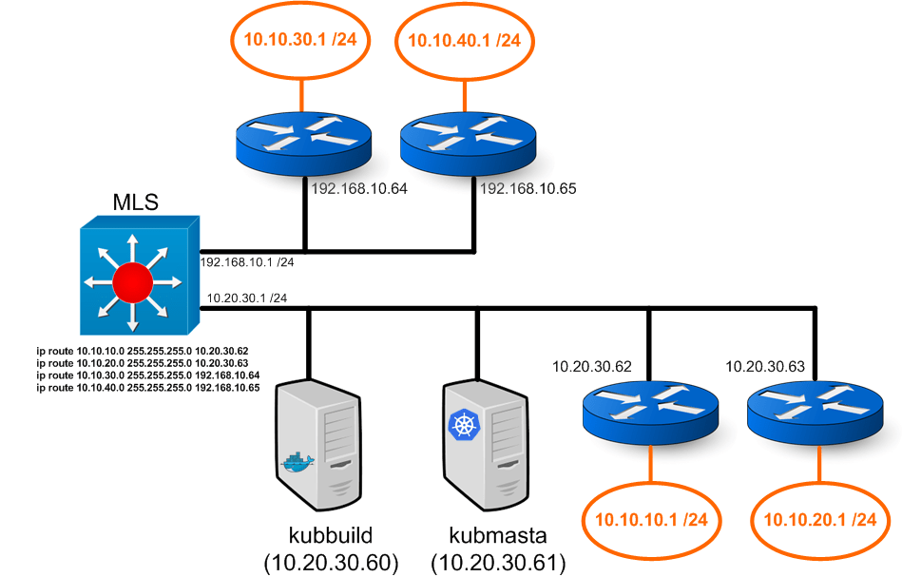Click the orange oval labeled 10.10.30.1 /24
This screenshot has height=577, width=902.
pyautogui.click(x=300, y=40)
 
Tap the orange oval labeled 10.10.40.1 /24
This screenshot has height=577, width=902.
pyautogui.click(x=465, y=40)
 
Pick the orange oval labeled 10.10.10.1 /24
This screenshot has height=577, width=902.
pyautogui.click(x=651, y=520)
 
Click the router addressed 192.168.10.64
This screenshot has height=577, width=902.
pyautogui.click(x=301, y=139)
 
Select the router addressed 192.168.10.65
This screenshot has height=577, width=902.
pyautogui.click(x=466, y=139)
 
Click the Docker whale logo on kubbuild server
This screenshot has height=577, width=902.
pyautogui.click(x=297, y=462)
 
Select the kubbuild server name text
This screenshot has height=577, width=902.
pyautogui.click(x=330, y=534)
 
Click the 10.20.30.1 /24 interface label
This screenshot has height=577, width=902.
pyautogui.click(x=247, y=298)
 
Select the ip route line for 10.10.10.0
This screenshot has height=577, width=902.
pyautogui.click(x=142, y=351)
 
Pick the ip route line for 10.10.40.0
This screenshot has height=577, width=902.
pyautogui.click(x=147, y=388)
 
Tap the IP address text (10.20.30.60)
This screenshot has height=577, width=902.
pyautogui.click(x=330, y=563)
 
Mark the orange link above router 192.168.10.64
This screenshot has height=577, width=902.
pyautogui.click(x=301, y=95)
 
